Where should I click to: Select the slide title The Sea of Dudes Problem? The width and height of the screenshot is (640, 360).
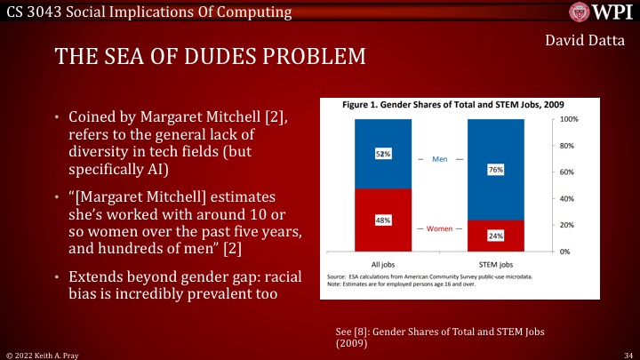coord(210,57)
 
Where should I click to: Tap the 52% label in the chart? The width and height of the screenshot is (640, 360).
coord(383,154)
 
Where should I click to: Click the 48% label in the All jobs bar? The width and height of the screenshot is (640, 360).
coord(383,220)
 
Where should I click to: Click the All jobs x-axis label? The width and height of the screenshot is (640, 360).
coord(383,264)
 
